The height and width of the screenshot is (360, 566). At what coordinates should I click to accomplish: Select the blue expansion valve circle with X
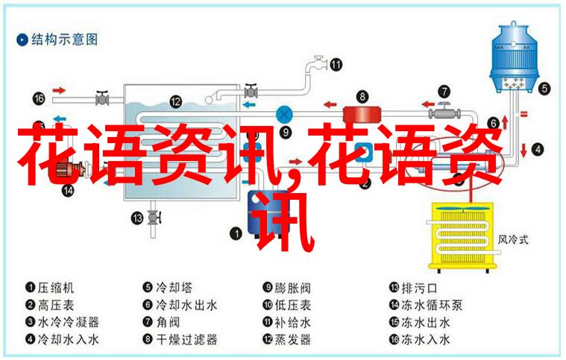[284, 115]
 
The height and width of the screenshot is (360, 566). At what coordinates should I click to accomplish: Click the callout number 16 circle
[39, 98]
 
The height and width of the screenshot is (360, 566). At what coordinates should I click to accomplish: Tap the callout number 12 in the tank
[175, 101]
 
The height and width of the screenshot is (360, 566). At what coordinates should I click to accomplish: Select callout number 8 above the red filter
[362, 96]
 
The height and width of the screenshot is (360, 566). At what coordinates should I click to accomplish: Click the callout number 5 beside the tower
[544, 89]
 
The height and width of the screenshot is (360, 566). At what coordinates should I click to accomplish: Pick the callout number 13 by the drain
[137, 218]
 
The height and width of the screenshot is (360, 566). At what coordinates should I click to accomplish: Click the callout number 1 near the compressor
[236, 233]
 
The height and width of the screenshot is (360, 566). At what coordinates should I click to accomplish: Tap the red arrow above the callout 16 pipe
[59, 90]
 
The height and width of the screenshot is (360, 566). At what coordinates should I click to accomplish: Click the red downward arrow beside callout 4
[523, 150]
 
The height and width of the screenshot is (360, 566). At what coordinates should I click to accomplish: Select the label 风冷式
[513, 239]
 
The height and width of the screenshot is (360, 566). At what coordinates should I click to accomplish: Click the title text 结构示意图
[64, 40]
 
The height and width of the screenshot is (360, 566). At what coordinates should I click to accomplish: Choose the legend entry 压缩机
[56, 288]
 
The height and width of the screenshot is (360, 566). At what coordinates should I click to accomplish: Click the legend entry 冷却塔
[174, 288]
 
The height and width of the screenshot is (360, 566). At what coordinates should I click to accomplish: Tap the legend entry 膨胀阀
[292, 288]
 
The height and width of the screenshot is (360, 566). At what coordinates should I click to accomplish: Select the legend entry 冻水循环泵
[432, 305]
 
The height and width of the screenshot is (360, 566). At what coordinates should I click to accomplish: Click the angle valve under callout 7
[444, 113]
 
